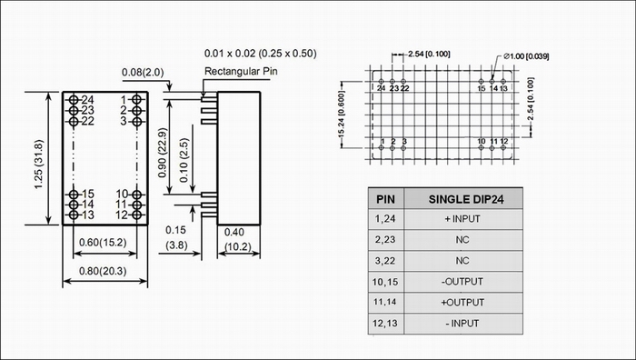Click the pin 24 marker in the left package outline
[74, 100]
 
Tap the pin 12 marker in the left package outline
[136, 215]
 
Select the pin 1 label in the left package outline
[124, 100]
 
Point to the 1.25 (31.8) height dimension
[38, 164]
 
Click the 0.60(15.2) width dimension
[103, 243]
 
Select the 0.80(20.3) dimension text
[103, 271]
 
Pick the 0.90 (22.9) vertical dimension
[163, 153]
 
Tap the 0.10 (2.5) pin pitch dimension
[184, 160]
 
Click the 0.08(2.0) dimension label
[143, 72]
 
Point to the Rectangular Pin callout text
[241, 72]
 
